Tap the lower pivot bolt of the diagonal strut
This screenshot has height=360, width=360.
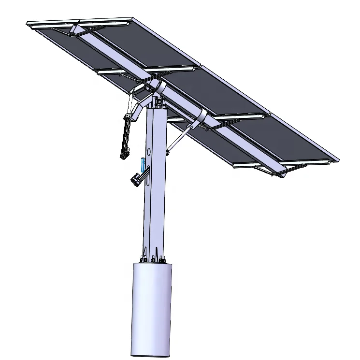point(168,153)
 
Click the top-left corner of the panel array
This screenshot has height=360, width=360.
point(28,23)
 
